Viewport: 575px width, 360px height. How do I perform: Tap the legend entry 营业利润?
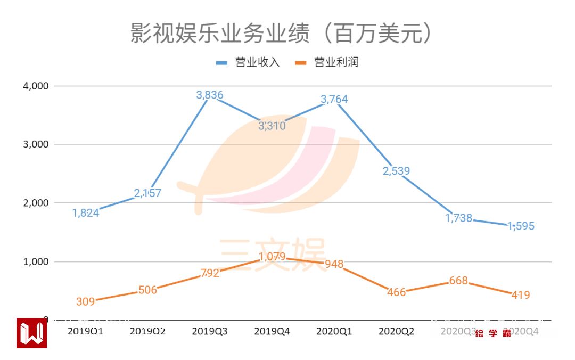(x=336, y=63)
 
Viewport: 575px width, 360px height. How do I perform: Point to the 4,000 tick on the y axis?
(x=34, y=86)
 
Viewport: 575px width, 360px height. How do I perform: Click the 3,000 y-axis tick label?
(x=34, y=144)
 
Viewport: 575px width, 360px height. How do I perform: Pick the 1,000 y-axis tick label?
(x=34, y=261)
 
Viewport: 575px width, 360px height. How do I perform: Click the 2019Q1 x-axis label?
(x=85, y=331)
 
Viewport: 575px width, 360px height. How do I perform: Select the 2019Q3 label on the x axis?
(x=210, y=331)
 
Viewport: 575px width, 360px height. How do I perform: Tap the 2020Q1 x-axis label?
(x=334, y=331)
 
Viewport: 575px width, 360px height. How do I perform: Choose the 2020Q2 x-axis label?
(x=397, y=331)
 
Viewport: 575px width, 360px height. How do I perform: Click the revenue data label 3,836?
(x=210, y=95)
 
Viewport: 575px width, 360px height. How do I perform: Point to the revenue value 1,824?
(x=85, y=213)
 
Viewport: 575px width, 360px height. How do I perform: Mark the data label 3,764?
(x=334, y=99)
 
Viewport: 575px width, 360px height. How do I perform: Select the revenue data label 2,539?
(x=397, y=171)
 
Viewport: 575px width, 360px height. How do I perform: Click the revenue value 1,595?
(x=521, y=226)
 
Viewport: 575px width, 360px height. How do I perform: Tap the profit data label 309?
(x=85, y=301)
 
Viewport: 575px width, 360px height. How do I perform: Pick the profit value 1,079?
(x=272, y=257)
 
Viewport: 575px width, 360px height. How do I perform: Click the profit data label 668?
(x=458, y=281)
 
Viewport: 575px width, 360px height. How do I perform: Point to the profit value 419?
(x=521, y=294)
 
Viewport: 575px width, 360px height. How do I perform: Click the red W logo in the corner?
(x=31, y=334)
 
